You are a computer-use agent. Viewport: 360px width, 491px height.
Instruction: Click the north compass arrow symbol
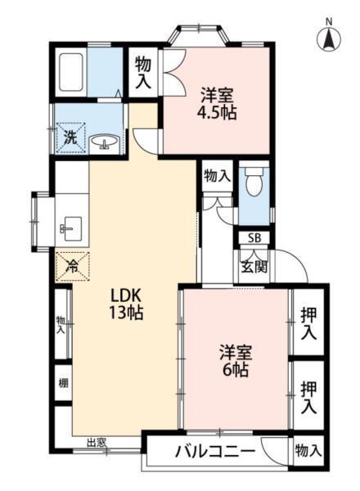coord(328,36)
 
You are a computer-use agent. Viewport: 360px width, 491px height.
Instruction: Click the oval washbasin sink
coord(105,143)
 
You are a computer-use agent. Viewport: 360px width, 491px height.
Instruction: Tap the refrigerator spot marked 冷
coord(72,265)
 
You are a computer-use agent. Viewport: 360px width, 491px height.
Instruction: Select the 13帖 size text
coord(126,313)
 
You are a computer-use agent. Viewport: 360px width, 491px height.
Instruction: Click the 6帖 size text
coord(235,370)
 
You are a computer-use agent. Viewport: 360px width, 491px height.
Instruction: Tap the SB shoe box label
coord(254,238)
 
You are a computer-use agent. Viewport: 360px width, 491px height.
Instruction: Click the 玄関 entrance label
coord(254,265)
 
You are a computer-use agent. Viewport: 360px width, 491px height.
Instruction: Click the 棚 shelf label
coord(62,382)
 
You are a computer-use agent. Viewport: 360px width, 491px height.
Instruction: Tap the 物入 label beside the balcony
coord(308,451)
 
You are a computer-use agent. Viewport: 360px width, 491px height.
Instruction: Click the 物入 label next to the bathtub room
coord(143,71)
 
